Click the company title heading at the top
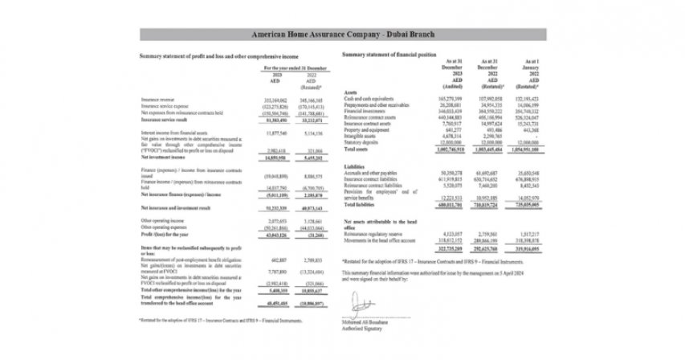(342, 36)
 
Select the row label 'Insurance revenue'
(158, 100)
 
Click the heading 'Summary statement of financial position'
(389, 54)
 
